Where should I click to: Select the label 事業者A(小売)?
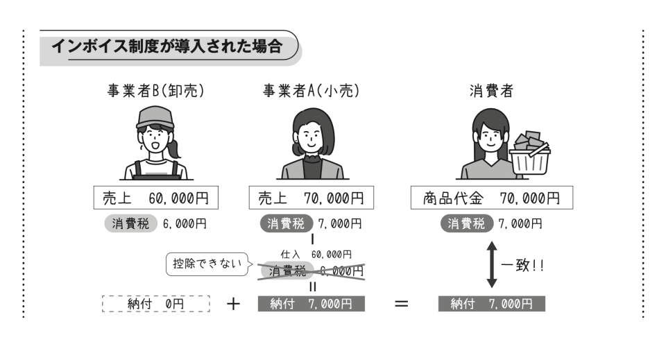(x=312, y=91)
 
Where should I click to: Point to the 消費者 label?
(x=491, y=91)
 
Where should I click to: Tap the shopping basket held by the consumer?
(x=529, y=155)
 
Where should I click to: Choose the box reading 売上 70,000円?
(x=312, y=198)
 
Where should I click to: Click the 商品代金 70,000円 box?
(x=491, y=198)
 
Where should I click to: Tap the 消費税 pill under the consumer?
(x=466, y=223)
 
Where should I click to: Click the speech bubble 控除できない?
(x=208, y=264)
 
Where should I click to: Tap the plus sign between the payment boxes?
(x=233, y=304)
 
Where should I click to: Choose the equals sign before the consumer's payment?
(x=400, y=304)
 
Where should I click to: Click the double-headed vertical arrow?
(x=491, y=264)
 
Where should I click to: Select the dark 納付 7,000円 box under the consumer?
(x=491, y=304)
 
